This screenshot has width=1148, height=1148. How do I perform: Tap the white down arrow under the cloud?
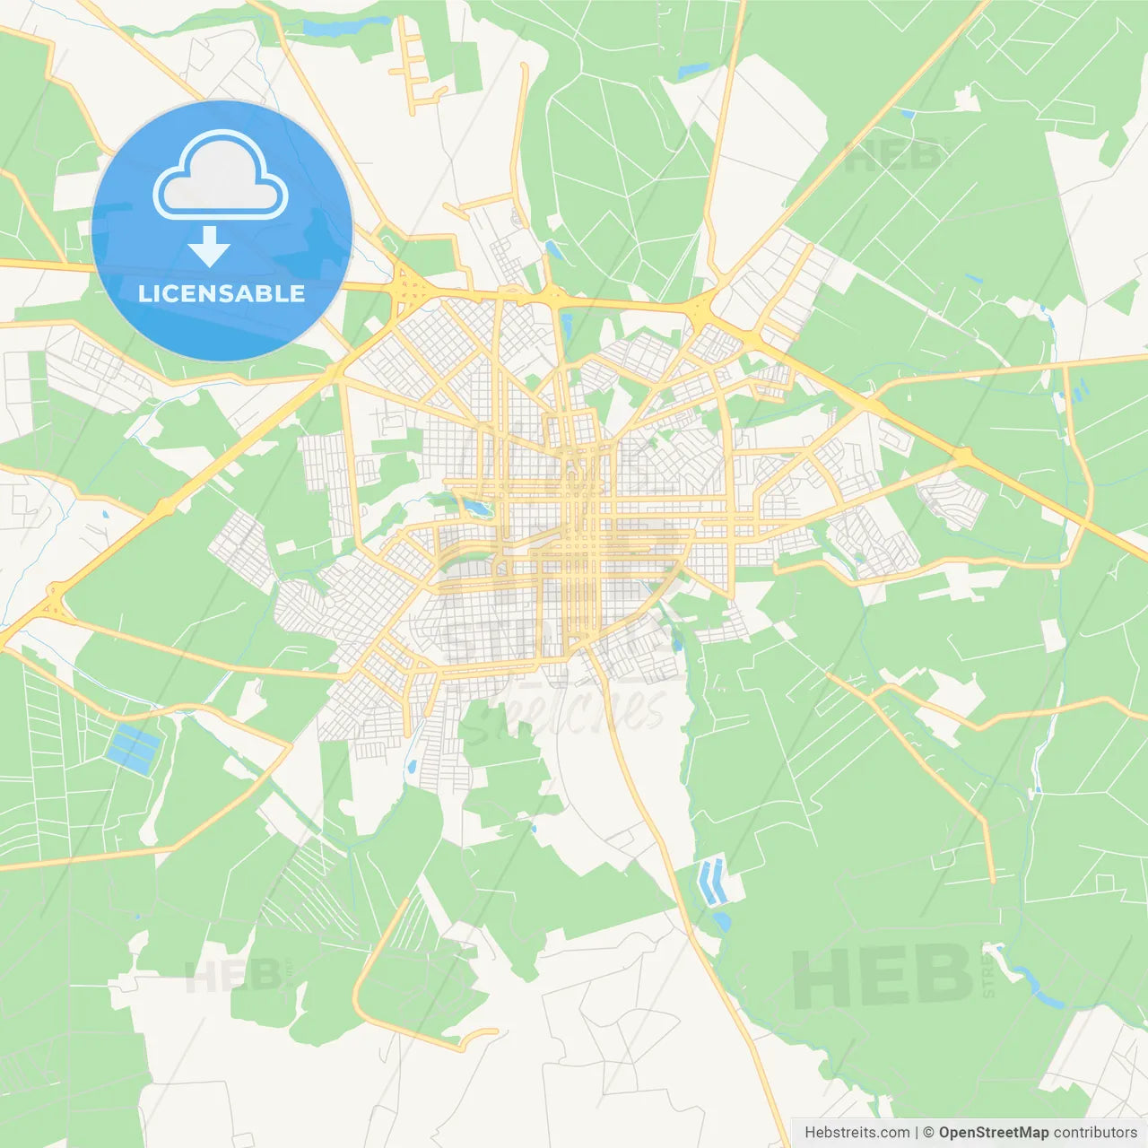click(x=209, y=247)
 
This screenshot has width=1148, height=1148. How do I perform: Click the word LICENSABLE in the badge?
click(x=222, y=293)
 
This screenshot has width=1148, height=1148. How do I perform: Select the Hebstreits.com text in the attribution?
click(x=857, y=1133)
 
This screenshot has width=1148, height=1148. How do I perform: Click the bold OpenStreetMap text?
click(x=993, y=1133)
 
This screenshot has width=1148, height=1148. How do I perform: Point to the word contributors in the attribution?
click(x=1095, y=1133)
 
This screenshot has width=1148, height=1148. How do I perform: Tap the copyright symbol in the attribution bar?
click(x=928, y=1133)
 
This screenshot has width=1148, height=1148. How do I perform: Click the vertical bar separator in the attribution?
click(x=916, y=1133)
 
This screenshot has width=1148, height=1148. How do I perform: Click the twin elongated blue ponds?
click(x=712, y=880)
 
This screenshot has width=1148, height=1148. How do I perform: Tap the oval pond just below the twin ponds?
click(x=721, y=920)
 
